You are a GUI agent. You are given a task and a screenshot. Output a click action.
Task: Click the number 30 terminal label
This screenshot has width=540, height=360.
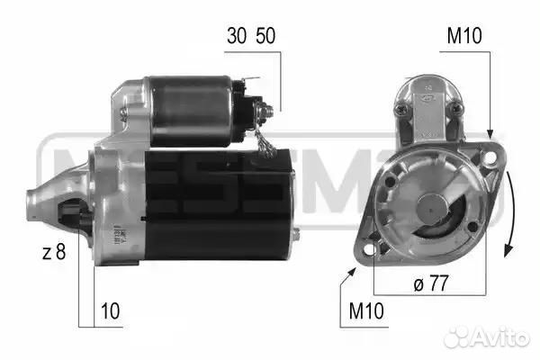(237, 35)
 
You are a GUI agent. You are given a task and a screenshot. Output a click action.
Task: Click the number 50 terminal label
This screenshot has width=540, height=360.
(265, 35)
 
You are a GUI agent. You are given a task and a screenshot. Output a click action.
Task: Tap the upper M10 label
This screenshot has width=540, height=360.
(464, 35)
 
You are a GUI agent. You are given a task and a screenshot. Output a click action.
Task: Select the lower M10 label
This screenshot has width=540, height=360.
(366, 311)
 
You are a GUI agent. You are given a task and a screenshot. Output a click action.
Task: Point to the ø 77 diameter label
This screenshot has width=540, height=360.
(431, 283)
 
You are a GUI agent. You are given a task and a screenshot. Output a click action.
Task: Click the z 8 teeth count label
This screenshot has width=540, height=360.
(54, 252)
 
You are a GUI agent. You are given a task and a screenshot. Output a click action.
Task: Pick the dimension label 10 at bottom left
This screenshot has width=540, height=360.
(110, 311)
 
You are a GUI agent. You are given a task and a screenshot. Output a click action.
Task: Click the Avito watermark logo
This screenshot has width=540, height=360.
(487, 337)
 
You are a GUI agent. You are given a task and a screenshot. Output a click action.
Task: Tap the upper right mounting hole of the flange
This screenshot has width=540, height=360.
(490, 157)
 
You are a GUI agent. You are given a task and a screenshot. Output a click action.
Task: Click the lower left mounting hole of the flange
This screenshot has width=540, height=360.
(370, 249)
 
